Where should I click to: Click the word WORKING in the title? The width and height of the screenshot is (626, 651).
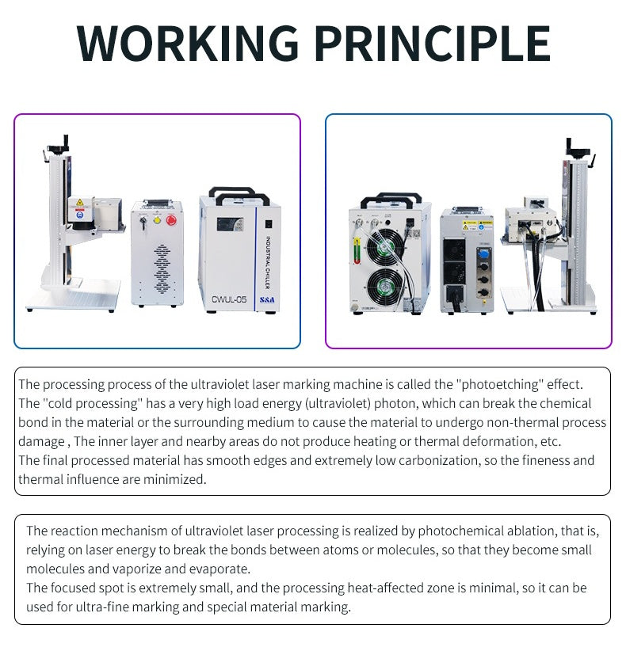click(x=188, y=44)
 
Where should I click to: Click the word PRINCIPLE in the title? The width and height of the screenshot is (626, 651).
click(x=433, y=44)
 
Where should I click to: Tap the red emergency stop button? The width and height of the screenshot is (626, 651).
click(x=171, y=219)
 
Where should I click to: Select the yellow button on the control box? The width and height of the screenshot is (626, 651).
click(x=157, y=219)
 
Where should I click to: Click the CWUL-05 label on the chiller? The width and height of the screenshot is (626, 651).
click(x=229, y=299)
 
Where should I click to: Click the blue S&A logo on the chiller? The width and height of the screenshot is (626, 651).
click(x=267, y=299)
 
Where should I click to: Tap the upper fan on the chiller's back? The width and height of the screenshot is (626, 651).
click(x=385, y=246)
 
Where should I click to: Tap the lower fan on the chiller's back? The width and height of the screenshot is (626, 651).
click(x=385, y=287)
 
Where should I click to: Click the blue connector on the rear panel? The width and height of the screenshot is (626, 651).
click(x=483, y=253)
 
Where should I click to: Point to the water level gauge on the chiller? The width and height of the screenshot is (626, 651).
click(x=357, y=251)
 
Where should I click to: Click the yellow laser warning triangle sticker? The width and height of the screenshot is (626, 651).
click(x=79, y=202)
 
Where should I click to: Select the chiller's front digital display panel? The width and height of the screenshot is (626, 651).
click(x=230, y=225)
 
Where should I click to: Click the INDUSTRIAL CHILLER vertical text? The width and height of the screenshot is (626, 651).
click(x=268, y=262)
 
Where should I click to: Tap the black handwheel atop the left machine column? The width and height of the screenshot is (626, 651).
click(x=58, y=147)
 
